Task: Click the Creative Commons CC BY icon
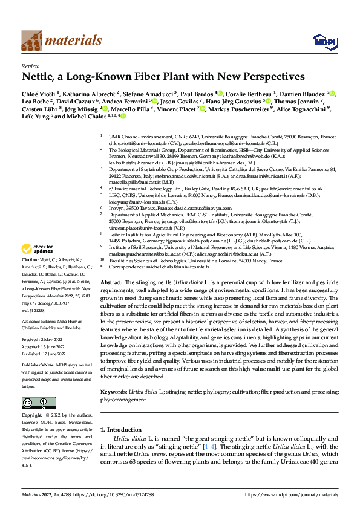35,403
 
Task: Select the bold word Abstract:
111,283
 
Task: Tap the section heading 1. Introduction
120,430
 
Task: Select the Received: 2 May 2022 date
42,340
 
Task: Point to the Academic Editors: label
39,322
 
